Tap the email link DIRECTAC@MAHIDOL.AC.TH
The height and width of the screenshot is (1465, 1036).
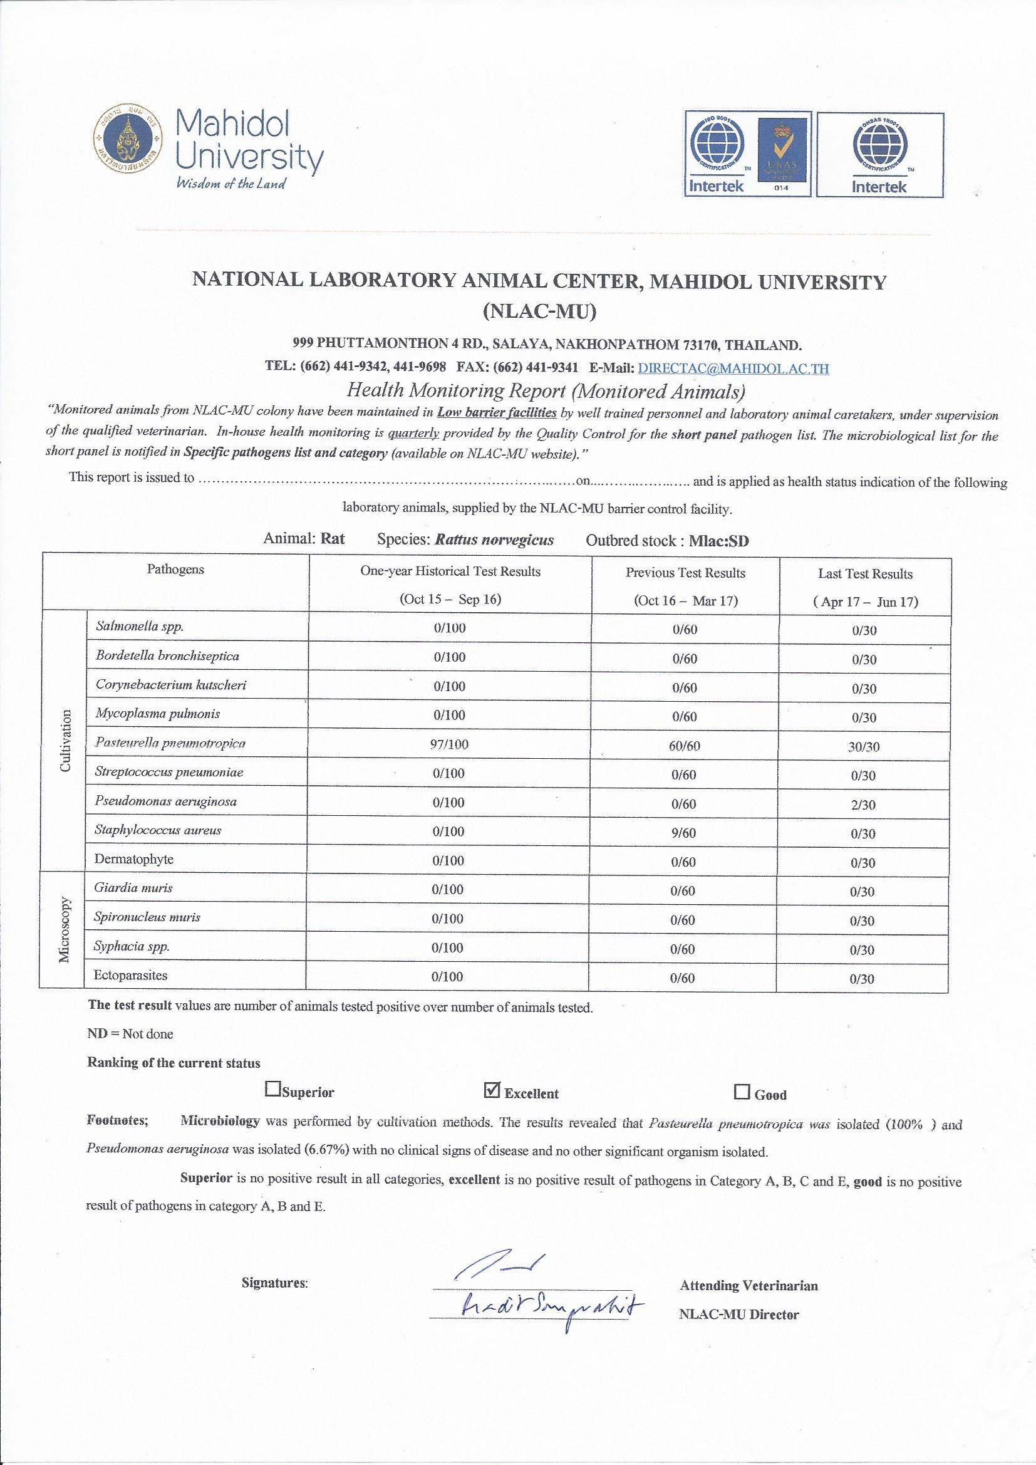click(733, 368)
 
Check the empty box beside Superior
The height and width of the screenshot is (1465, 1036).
click(272, 1088)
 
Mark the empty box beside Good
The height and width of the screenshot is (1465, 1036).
click(742, 1092)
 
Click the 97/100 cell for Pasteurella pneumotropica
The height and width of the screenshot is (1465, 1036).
click(449, 744)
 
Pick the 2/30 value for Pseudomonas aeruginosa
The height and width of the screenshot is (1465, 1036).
click(863, 805)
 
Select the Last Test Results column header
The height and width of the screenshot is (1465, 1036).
click(865, 573)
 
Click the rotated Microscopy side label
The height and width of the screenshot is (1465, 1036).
click(65, 930)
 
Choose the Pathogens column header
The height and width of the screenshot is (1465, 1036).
click(175, 569)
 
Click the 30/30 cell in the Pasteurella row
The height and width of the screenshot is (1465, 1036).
click(864, 747)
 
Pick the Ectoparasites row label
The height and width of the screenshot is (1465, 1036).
click(131, 975)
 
